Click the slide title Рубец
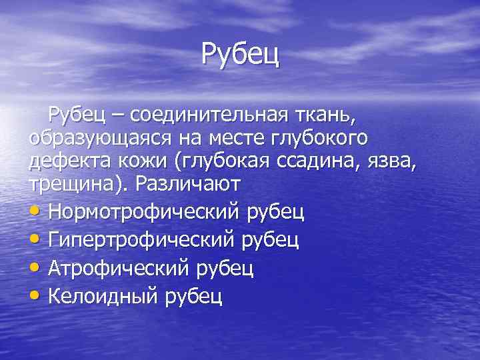(x=240, y=53)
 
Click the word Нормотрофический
(x=143, y=213)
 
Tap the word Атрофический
(x=122, y=268)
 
